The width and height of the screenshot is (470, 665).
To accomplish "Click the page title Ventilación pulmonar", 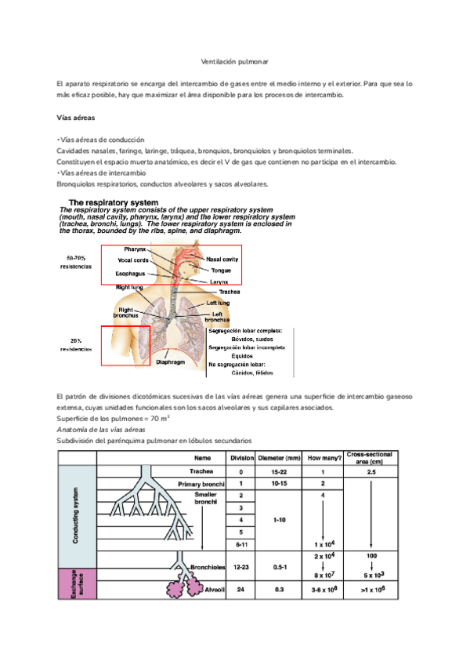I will coord(234,60).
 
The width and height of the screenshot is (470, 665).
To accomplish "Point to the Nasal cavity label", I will coord(223,258).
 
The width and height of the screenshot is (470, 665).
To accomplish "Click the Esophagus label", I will coord(132,274).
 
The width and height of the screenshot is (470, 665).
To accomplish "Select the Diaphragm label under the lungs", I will coord(171,363).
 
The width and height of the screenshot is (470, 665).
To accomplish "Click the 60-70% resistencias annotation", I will coord(76,262).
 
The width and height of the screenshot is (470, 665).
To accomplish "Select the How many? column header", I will coord(321,458).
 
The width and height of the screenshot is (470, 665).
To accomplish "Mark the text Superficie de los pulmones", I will coord(96,420).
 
